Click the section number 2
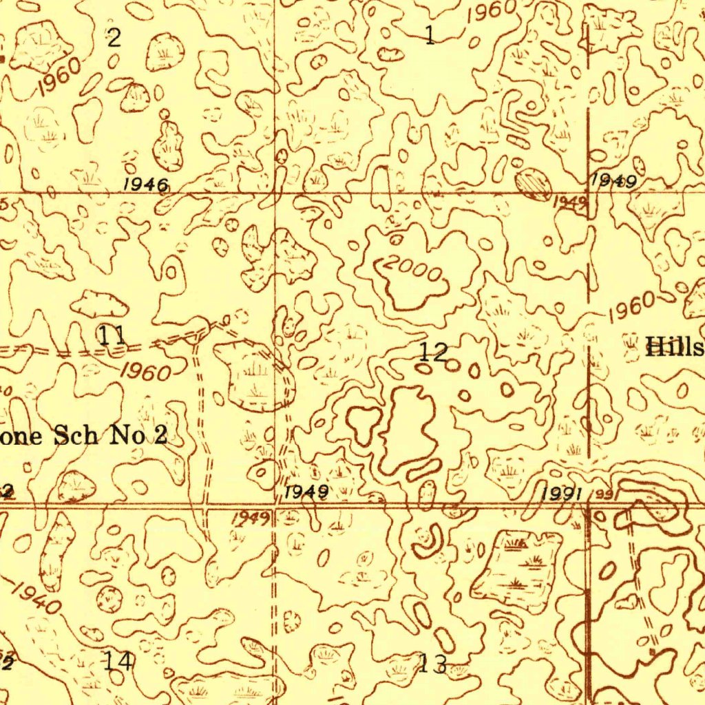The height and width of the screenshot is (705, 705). [x=114, y=38]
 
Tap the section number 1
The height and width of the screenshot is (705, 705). [x=430, y=34]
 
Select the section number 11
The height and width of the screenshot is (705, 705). [x=112, y=336]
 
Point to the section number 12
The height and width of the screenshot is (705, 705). [x=434, y=352]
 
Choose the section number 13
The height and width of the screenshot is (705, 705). [x=433, y=664]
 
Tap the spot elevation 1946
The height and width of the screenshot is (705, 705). [x=146, y=185]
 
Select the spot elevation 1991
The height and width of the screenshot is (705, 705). [x=563, y=494]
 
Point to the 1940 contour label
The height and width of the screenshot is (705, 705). [x=36, y=596]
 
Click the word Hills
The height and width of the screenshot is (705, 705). [x=674, y=348]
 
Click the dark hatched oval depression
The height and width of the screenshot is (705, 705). [x=534, y=184]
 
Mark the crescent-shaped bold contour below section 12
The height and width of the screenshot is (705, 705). [x=428, y=541]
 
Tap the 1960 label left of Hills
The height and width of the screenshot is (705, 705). [x=631, y=308]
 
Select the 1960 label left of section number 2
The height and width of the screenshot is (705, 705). [x=59, y=78]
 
